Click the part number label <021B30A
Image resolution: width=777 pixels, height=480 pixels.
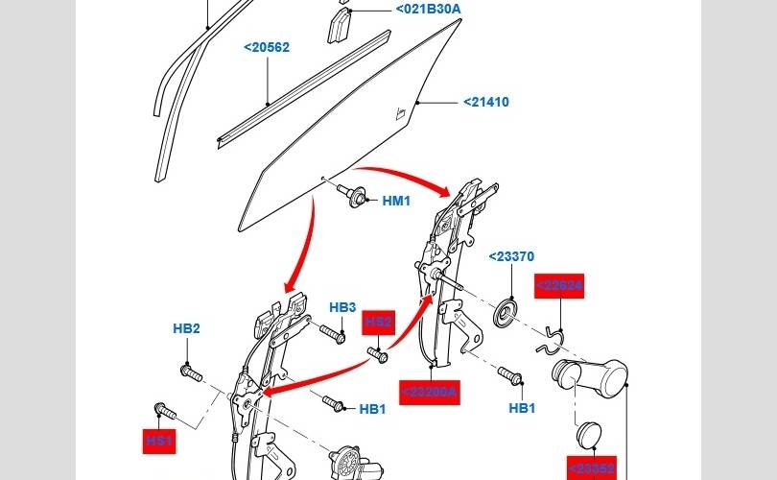428,10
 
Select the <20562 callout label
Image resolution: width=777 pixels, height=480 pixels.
267,47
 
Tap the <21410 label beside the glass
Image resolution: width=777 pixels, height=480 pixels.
486,102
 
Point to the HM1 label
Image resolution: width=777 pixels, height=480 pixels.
396,201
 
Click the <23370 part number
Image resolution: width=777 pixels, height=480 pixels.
511,256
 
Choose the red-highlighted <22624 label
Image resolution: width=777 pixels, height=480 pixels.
559,286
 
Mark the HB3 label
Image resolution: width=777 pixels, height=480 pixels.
342,307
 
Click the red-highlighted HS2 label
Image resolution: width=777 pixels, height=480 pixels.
379,322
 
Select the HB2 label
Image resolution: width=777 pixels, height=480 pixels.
186,328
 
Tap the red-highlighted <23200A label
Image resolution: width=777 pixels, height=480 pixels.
431,392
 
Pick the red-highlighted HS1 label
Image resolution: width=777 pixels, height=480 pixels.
158,440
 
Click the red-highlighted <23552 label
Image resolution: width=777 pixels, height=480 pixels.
591,468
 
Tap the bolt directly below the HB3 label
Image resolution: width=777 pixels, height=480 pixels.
332,335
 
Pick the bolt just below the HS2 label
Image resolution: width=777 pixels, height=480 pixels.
381,356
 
